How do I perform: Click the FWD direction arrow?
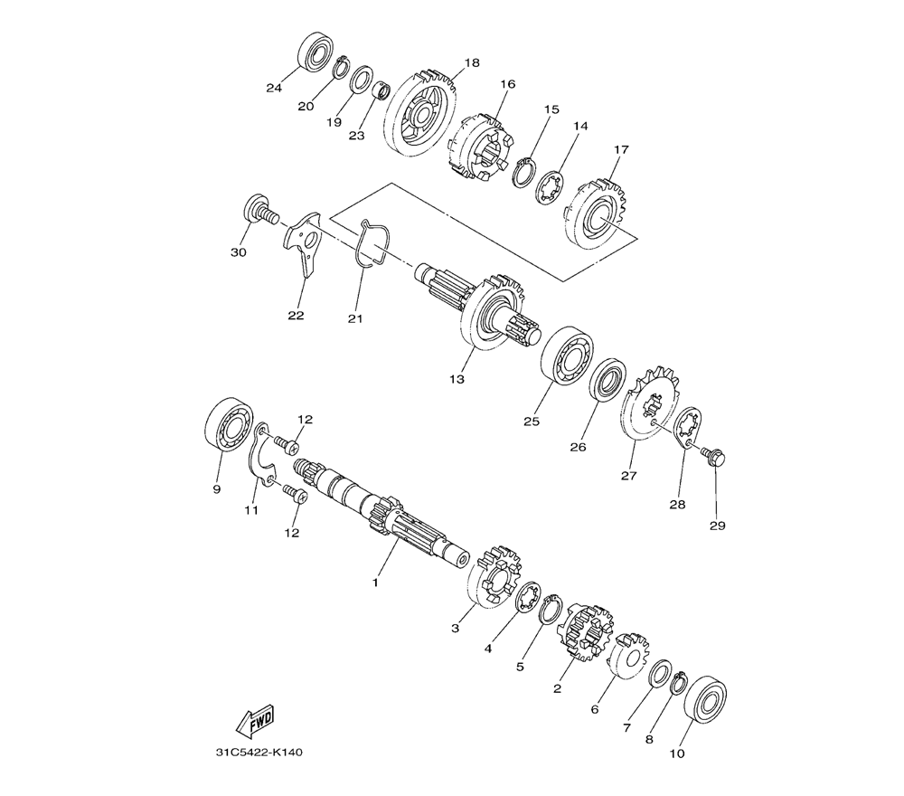pos(255,722)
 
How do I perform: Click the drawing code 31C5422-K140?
pos(259,753)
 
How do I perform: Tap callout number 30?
pos(238,252)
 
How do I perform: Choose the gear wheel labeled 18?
pos(419,113)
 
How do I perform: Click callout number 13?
pos(457,379)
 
